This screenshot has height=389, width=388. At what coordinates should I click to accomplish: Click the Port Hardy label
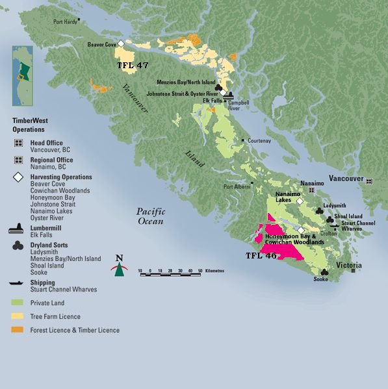65,21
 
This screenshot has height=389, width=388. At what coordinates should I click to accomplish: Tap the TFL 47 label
132,66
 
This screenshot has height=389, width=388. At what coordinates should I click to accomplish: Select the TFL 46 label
261,256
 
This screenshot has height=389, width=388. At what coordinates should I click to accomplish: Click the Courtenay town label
259,140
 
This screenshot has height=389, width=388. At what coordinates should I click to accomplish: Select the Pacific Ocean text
151,216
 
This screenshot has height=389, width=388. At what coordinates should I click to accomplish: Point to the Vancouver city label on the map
345,178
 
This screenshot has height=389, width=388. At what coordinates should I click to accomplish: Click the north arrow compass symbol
119,266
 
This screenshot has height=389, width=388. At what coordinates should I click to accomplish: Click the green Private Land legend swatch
18,303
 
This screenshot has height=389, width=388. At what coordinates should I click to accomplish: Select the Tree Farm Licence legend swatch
18,316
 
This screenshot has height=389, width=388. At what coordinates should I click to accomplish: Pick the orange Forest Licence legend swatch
18,330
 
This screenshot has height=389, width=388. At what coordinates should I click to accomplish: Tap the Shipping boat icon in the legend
18,283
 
